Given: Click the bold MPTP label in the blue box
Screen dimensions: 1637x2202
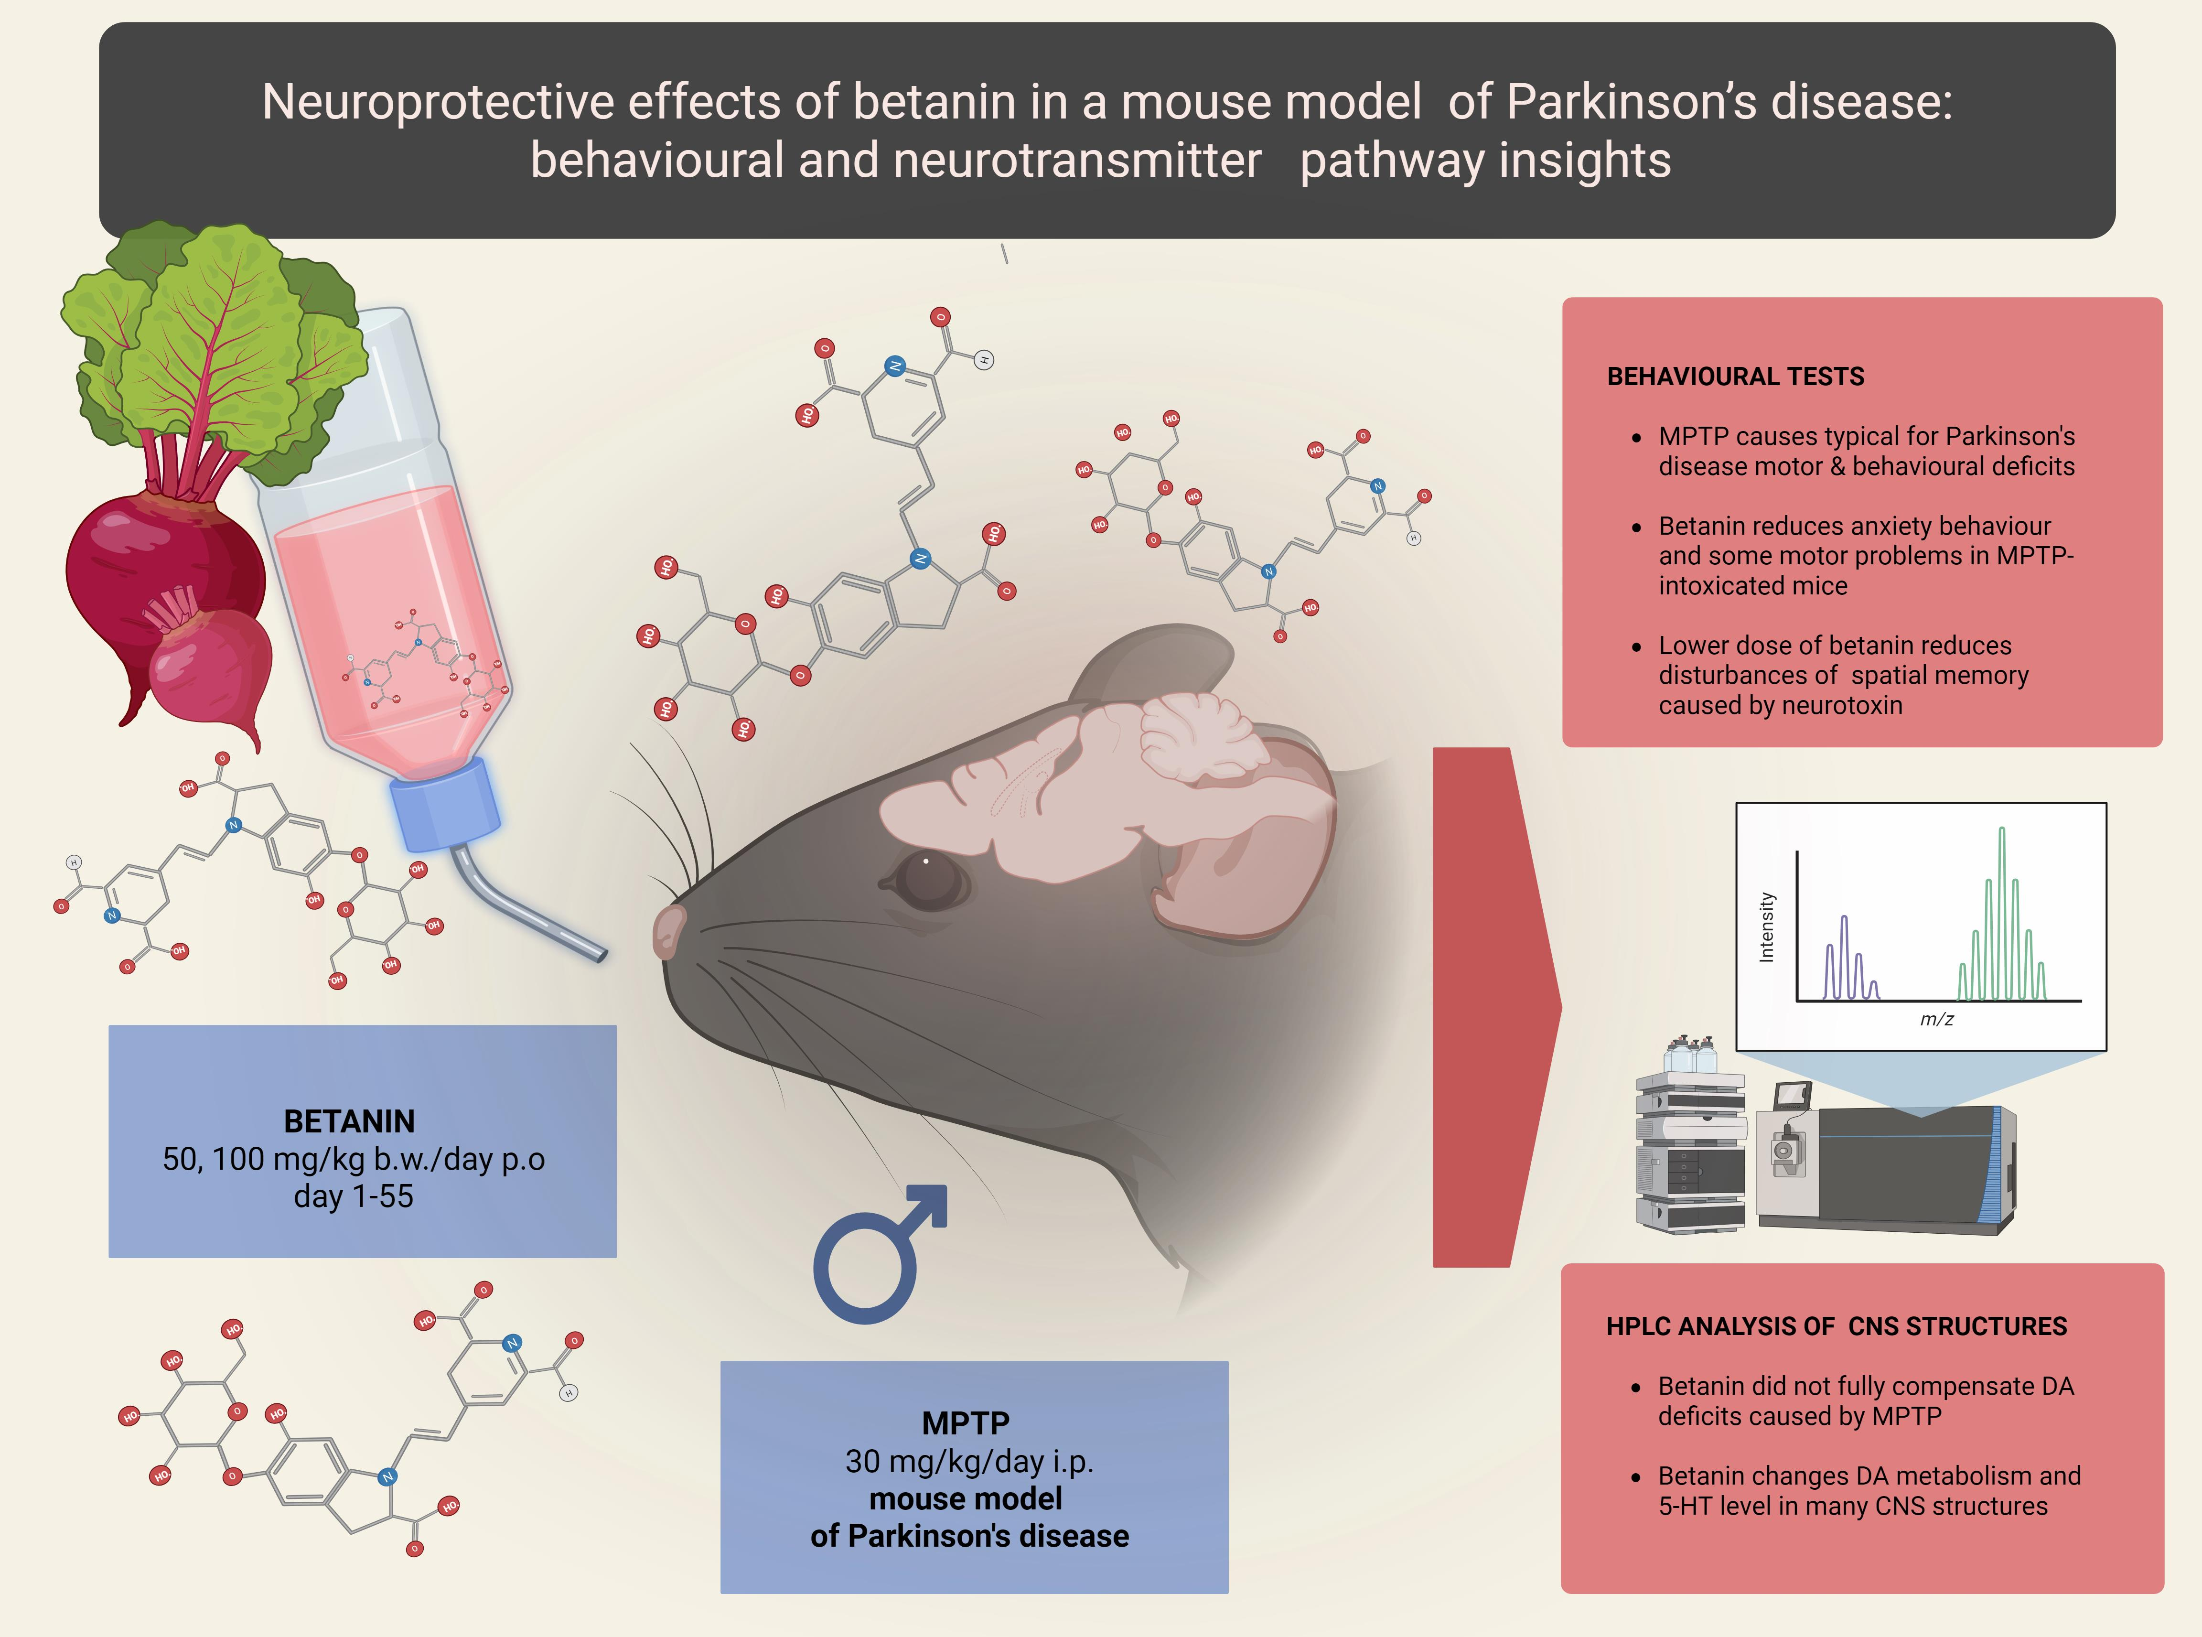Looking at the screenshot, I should (966, 1423).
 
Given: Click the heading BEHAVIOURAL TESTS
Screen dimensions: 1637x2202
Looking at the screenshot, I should (1735, 377).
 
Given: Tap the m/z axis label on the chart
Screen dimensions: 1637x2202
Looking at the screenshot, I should (1936, 1019).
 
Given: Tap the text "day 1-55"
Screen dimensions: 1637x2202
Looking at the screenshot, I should (354, 1196).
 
